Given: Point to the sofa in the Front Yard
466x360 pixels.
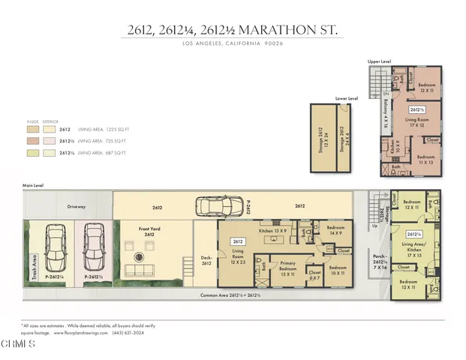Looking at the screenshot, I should [x=139, y=269].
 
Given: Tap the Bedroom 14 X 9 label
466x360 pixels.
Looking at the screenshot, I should [x=335, y=230].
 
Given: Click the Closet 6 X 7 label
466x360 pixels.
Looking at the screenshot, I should [x=314, y=275].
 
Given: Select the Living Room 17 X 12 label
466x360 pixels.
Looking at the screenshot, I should [x=412, y=122].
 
